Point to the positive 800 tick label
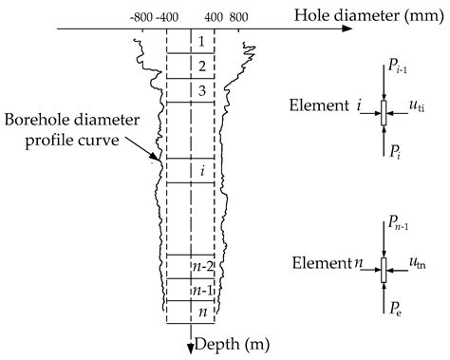point(238,16)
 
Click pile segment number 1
point(200,42)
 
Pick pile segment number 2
point(200,66)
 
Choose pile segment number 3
point(200,90)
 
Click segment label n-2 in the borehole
point(200,267)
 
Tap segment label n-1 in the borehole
point(200,291)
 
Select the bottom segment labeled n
point(200,313)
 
